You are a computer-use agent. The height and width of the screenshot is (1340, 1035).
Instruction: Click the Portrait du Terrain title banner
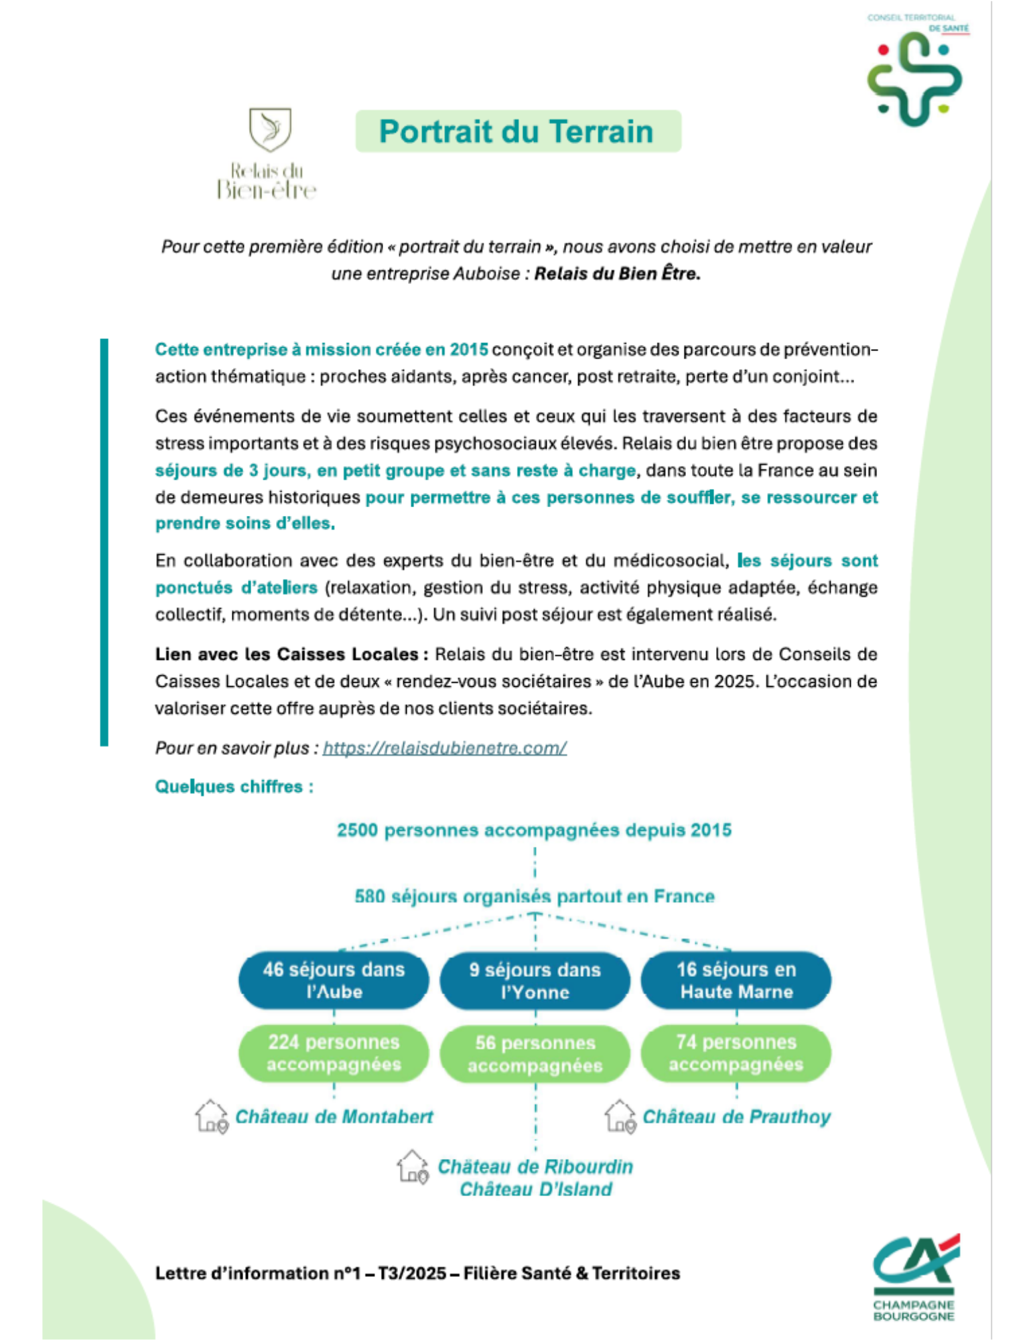518,131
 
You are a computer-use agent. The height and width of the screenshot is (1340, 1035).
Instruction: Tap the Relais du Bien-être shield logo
270,129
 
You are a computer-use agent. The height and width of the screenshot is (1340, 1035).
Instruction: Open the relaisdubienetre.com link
444,748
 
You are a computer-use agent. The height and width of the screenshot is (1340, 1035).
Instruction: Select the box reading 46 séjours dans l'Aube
334,980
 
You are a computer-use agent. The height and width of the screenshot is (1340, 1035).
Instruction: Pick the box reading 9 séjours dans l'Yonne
535,981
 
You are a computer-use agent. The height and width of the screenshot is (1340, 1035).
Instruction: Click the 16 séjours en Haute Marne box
736,980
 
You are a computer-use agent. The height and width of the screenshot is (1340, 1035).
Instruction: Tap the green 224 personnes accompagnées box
334,1053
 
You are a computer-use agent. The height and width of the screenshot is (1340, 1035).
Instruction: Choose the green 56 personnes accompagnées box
535,1054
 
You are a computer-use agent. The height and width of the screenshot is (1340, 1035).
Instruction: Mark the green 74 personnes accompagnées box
736,1053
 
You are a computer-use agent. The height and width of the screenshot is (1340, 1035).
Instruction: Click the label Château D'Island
535,1189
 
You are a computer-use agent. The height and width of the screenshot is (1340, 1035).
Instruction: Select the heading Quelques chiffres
234,787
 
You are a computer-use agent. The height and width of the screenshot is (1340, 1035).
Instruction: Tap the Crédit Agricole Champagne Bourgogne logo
915,1276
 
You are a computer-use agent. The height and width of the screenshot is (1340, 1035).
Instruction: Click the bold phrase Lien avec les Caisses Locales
286,655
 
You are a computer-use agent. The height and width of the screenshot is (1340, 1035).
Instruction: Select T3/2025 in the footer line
412,1273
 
